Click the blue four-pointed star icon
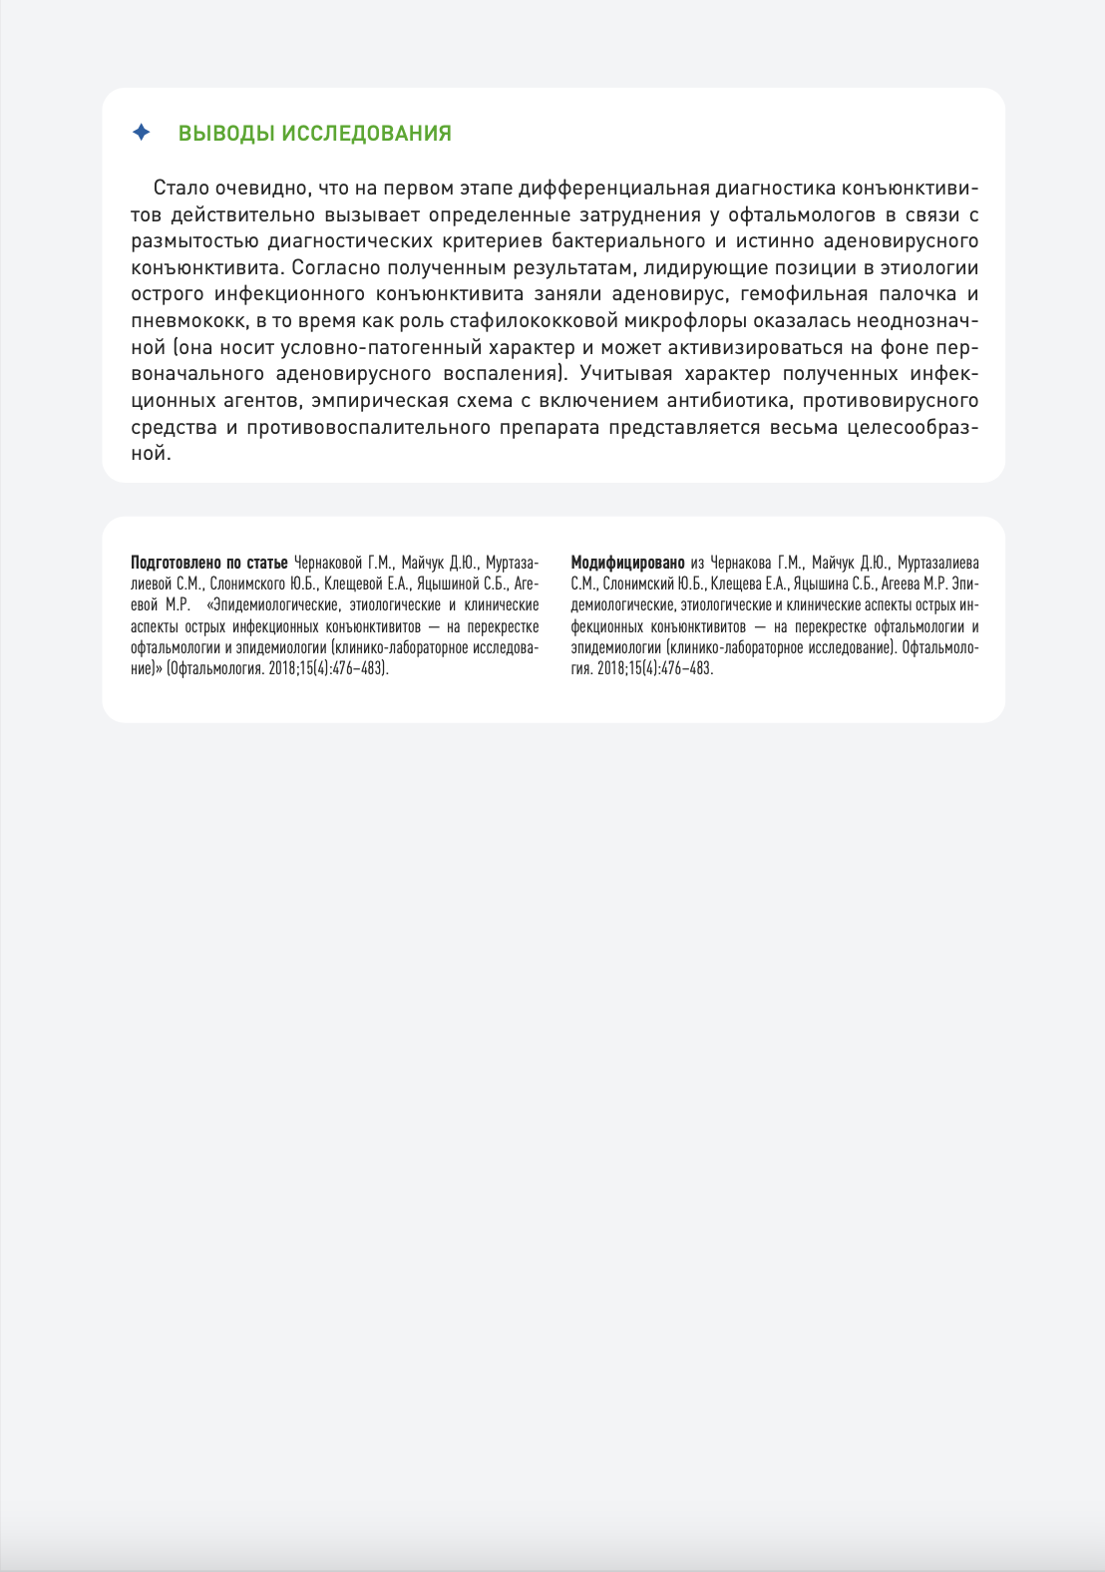pos(142,133)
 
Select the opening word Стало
pos(181,189)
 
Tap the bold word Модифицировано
pos(627,563)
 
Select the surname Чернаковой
pos(328,563)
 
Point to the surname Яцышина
pos(819,584)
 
